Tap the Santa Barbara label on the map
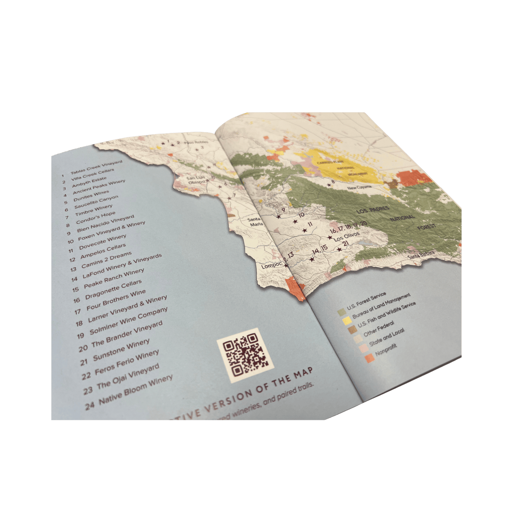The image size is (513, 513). (421, 255)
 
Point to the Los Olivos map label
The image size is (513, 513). (346, 236)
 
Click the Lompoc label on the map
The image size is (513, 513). (271, 266)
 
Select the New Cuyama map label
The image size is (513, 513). (359, 187)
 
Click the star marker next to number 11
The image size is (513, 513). (304, 230)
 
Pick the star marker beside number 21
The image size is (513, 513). (339, 250)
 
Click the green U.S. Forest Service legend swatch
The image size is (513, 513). (342, 312)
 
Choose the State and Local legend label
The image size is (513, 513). (387, 338)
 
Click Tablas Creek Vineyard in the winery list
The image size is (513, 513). (96, 167)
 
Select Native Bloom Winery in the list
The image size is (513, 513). (136, 389)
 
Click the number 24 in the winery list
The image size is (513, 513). (89, 405)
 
